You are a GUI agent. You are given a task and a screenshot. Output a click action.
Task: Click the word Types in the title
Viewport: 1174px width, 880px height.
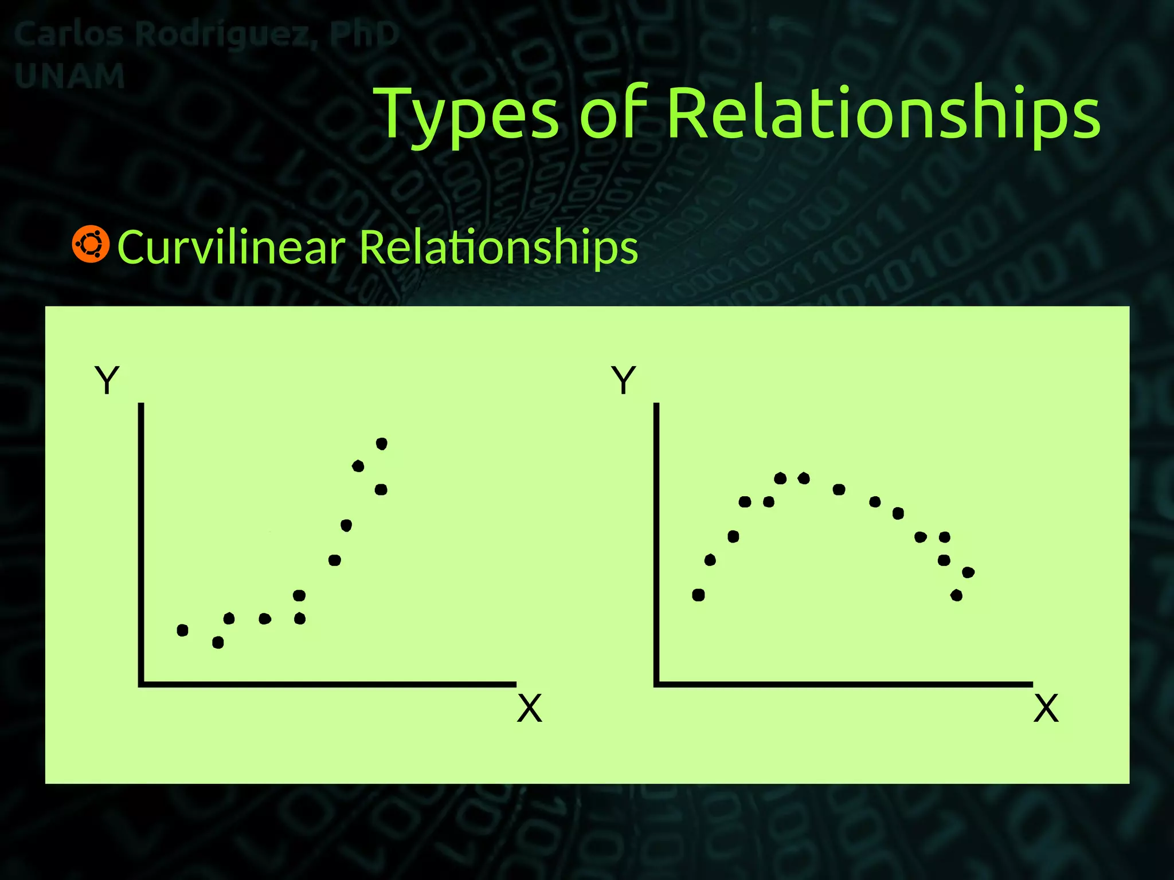pyautogui.click(x=469, y=115)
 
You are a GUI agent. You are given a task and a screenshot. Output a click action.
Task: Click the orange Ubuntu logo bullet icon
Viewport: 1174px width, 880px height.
pyautogui.click(x=91, y=245)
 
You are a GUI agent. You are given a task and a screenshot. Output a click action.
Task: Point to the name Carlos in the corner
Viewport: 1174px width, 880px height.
pyautogui.click(x=68, y=34)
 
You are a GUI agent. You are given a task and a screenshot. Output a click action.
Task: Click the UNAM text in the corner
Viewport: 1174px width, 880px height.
pyautogui.click(x=69, y=76)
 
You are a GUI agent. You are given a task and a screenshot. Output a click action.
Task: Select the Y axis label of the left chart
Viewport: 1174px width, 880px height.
pyautogui.click(x=107, y=380)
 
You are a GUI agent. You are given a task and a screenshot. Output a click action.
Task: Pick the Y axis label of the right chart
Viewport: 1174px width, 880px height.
pyautogui.click(x=624, y=380)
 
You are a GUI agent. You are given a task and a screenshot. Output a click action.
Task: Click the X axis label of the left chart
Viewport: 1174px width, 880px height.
pyautogui.click(x=529, y=709)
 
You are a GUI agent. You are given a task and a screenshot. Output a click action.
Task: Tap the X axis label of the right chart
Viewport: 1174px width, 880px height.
pyautogui.click(x=1046, y=709)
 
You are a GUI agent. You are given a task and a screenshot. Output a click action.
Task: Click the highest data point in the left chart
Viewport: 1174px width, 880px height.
pyautogui.click(x=382, y=443)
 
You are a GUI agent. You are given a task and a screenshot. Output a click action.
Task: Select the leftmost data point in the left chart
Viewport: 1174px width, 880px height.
pyautogui.click(x=182, y=630)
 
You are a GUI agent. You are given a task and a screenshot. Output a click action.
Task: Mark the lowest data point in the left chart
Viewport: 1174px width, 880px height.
pyautogui.click(x=218, y=643)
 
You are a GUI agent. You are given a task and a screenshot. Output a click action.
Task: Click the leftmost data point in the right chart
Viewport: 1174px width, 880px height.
pyautogui.click(x=698, y=595)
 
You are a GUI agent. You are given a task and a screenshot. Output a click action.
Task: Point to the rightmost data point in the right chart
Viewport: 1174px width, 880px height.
pyautogui.click(x=968, y=572)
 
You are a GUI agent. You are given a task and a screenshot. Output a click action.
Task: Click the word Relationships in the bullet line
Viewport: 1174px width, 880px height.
pyautogui.click(x=499, y=248)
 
